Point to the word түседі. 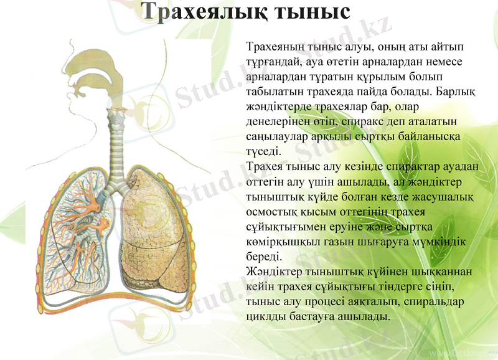click(x=265, y=151)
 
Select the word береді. click(x=265, y=255)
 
